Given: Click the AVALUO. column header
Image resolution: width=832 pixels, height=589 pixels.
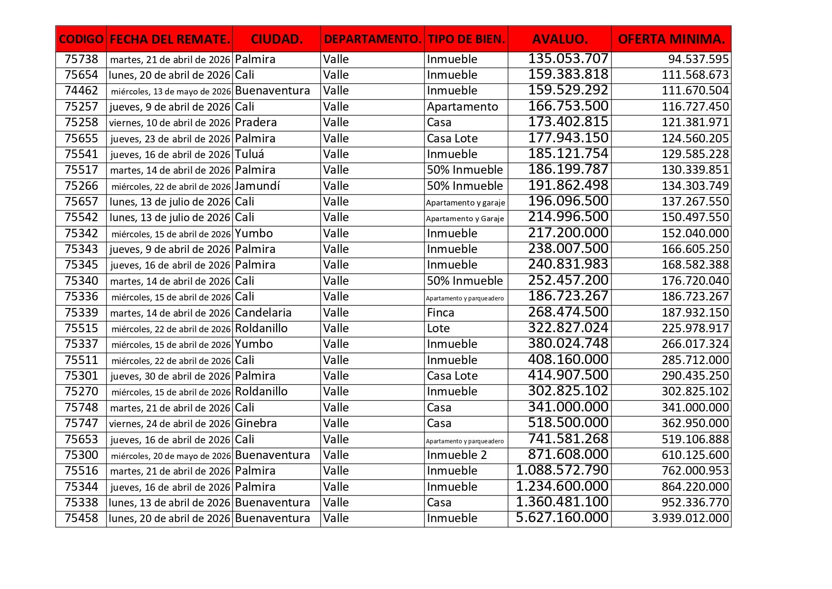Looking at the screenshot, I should coord(560,39).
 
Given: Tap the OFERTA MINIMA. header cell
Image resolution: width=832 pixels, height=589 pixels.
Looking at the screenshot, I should coord(671,39).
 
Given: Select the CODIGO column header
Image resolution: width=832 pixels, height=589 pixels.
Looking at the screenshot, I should coord(81,39).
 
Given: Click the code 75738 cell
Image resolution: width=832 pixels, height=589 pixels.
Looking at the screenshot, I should coord(81,59).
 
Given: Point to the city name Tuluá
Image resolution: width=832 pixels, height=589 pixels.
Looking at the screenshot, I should coord(250,154).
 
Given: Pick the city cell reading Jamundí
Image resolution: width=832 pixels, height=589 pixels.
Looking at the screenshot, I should coord(258,186).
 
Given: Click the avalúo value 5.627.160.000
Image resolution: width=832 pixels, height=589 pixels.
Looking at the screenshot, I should coord(562,518).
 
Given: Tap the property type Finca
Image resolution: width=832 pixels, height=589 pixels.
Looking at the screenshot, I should coord(441,313).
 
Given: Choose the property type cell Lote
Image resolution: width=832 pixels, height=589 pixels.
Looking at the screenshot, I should coord(438,328).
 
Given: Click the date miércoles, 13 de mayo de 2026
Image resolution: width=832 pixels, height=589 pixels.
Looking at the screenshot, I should coord(171,91).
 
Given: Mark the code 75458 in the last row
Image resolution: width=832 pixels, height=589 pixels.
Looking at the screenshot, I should coord(81,518).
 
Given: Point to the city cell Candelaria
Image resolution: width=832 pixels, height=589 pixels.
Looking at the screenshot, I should coord(263,313).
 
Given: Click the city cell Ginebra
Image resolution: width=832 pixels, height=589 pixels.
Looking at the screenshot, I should coord(256,423).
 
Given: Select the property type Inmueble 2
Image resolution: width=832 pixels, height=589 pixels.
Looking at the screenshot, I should coord(457,455).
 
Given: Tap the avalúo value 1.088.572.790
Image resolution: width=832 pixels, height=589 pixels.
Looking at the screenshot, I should coord(562,470).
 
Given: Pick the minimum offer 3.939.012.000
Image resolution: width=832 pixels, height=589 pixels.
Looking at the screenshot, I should coord(690,518).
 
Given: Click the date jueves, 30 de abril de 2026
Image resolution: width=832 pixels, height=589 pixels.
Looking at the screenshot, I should coord(170,376).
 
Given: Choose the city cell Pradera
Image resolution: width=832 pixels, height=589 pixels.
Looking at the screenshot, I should coord(256,122).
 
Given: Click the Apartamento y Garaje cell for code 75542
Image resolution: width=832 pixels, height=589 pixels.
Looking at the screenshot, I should coord(465,219).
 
